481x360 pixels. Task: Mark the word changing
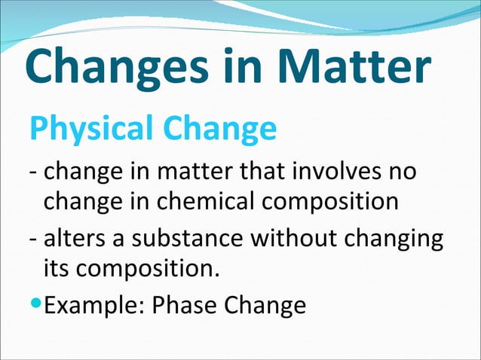click(394, 239)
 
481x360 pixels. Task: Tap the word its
click(54, 267)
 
